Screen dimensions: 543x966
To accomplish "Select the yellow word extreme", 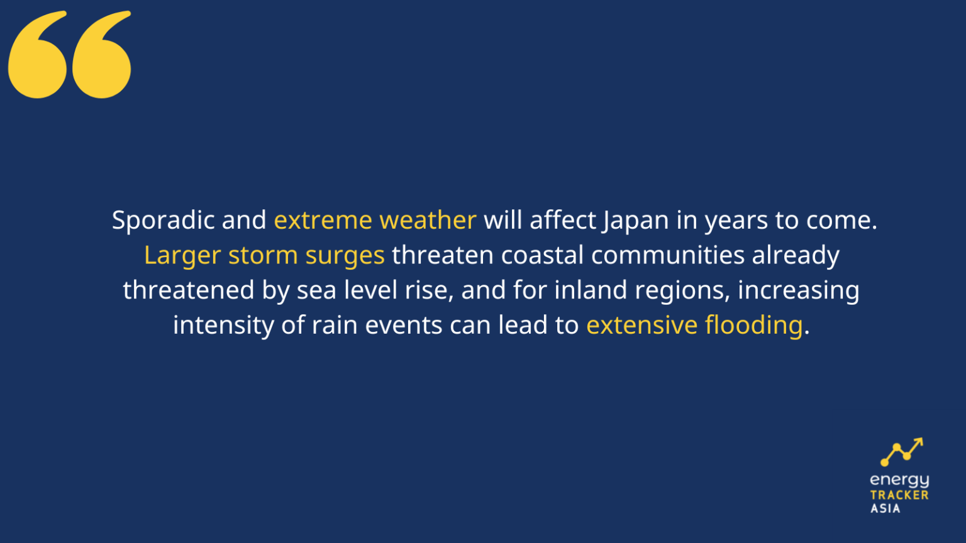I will [x=323, y=221].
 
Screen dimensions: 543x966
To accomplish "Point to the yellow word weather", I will [x=428, y=221].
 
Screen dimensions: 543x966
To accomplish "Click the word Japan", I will [x=636, y=221].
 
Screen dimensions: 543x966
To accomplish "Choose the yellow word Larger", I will [x=182, y=256].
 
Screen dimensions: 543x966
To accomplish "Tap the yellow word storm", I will [x=263, y=256].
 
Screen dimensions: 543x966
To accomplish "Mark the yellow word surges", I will [x=345, y=256].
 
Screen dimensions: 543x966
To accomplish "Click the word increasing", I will [x=798, y=290].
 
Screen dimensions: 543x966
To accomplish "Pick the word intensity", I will [x=223, y=326].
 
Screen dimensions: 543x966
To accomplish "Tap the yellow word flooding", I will [x=753, y=326].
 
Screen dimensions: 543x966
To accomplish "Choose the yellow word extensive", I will [x=641, y=326].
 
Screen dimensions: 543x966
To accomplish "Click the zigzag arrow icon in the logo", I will [x=901, y=452].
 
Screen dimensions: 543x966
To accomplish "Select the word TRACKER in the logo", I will [x=899, y=495].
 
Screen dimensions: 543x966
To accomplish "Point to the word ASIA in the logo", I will [x=885, y=508].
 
